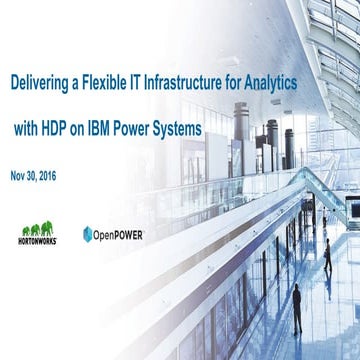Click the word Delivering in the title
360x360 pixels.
[x=42, y=85]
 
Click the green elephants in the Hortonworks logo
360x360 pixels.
[x=39, y=229]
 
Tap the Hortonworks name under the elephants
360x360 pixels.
[x=39, y=241]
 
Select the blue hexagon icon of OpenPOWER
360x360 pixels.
[x=89, y=235]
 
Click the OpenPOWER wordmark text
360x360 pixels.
[x=119, y=235]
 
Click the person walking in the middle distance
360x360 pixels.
[x=327, y=258]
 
